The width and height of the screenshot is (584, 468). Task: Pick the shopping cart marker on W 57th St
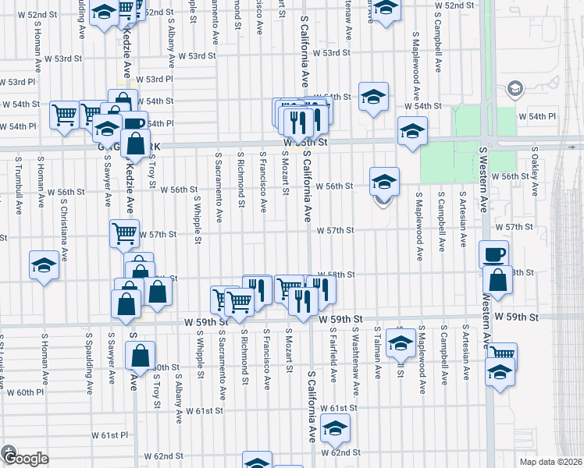pos(125,232)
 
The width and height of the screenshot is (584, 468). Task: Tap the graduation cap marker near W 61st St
pos(336,427)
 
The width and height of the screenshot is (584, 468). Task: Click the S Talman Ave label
pos(376,353)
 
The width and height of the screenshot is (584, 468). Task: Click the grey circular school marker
pos(515,89)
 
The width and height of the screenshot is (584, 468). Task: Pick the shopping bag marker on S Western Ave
pos(497,278)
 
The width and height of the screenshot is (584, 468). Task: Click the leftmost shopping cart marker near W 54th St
pos(65,114)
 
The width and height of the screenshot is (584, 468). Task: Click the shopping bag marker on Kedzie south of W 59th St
pos(140,355)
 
